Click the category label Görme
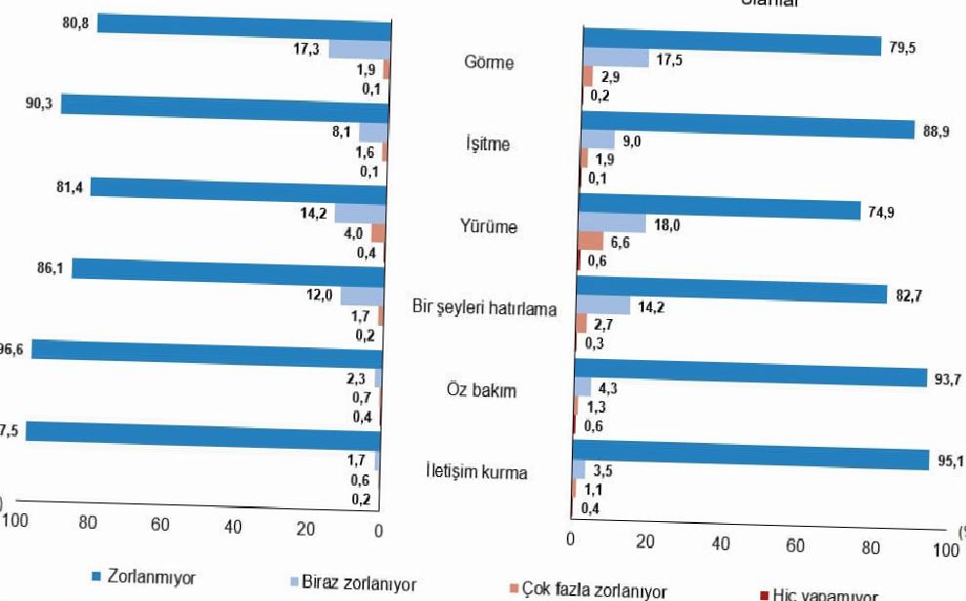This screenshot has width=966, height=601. tap(490, 63)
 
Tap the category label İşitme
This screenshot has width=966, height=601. tap(488, 144)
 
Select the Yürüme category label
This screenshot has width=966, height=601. tap(489, 227)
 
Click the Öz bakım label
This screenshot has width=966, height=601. tap(488, 391)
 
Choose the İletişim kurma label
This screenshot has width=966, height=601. tap(477, 472)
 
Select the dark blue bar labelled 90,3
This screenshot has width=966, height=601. tap(224, 108)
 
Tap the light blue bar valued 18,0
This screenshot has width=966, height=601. tap(613, 223)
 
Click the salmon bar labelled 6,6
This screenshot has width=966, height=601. tap(591, 240)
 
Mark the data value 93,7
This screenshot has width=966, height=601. tap(947, 380)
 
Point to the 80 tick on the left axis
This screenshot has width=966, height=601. tap(88, 524)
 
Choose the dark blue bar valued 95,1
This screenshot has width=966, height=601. tap(750, 459)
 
